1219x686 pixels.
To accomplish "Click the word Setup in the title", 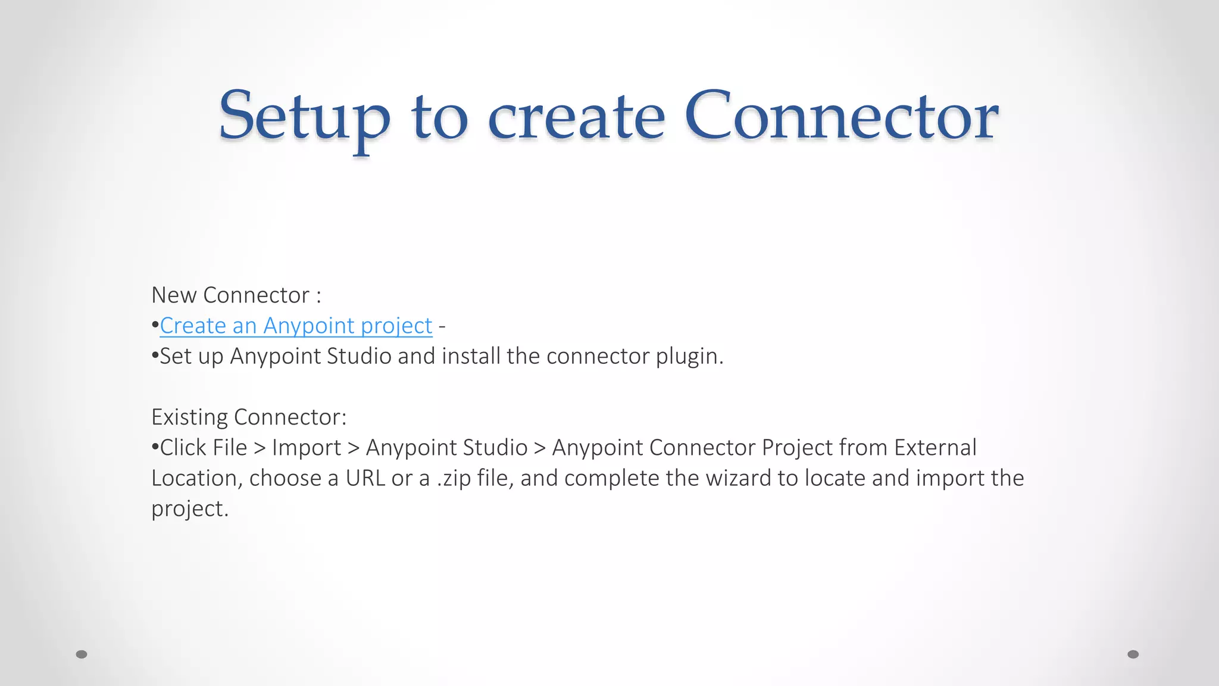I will (304, 117).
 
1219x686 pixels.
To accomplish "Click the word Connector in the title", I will (840, 117).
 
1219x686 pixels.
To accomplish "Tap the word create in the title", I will (576, 117).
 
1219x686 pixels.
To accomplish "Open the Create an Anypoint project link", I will (296, 326).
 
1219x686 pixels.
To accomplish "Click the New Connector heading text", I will (236, 295).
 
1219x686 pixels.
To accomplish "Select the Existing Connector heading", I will (248, 417).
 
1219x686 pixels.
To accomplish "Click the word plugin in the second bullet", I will (689, 356).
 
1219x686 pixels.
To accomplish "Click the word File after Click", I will (230, 448).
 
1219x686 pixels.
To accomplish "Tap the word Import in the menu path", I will (307, 448).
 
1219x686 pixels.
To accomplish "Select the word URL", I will (365, 478).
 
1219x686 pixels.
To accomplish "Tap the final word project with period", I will (190, 509).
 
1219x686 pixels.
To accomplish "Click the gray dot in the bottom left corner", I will (82, 654).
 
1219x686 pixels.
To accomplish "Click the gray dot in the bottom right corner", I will (1133, 654).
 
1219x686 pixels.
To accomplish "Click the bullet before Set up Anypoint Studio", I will (155, 356).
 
